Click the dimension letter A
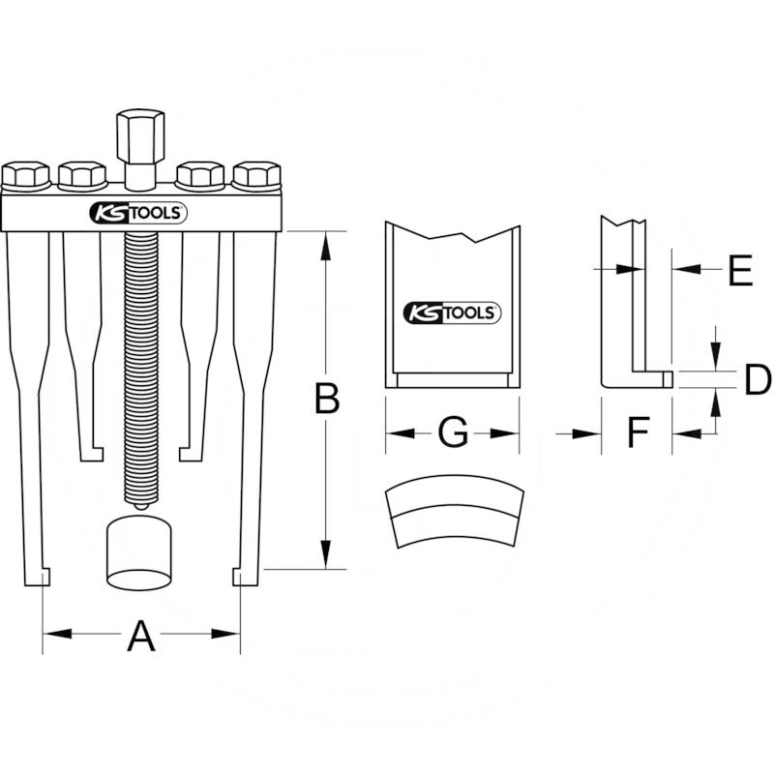click(141, 637)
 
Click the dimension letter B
click(327, 399)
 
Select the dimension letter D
click(758, 379)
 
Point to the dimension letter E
click(740, 270)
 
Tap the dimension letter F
click(639, 432)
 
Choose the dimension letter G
click(453, 432)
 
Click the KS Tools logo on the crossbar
click(138, 213)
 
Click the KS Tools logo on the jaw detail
click(452, 313)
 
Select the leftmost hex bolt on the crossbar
click(26, 175)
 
